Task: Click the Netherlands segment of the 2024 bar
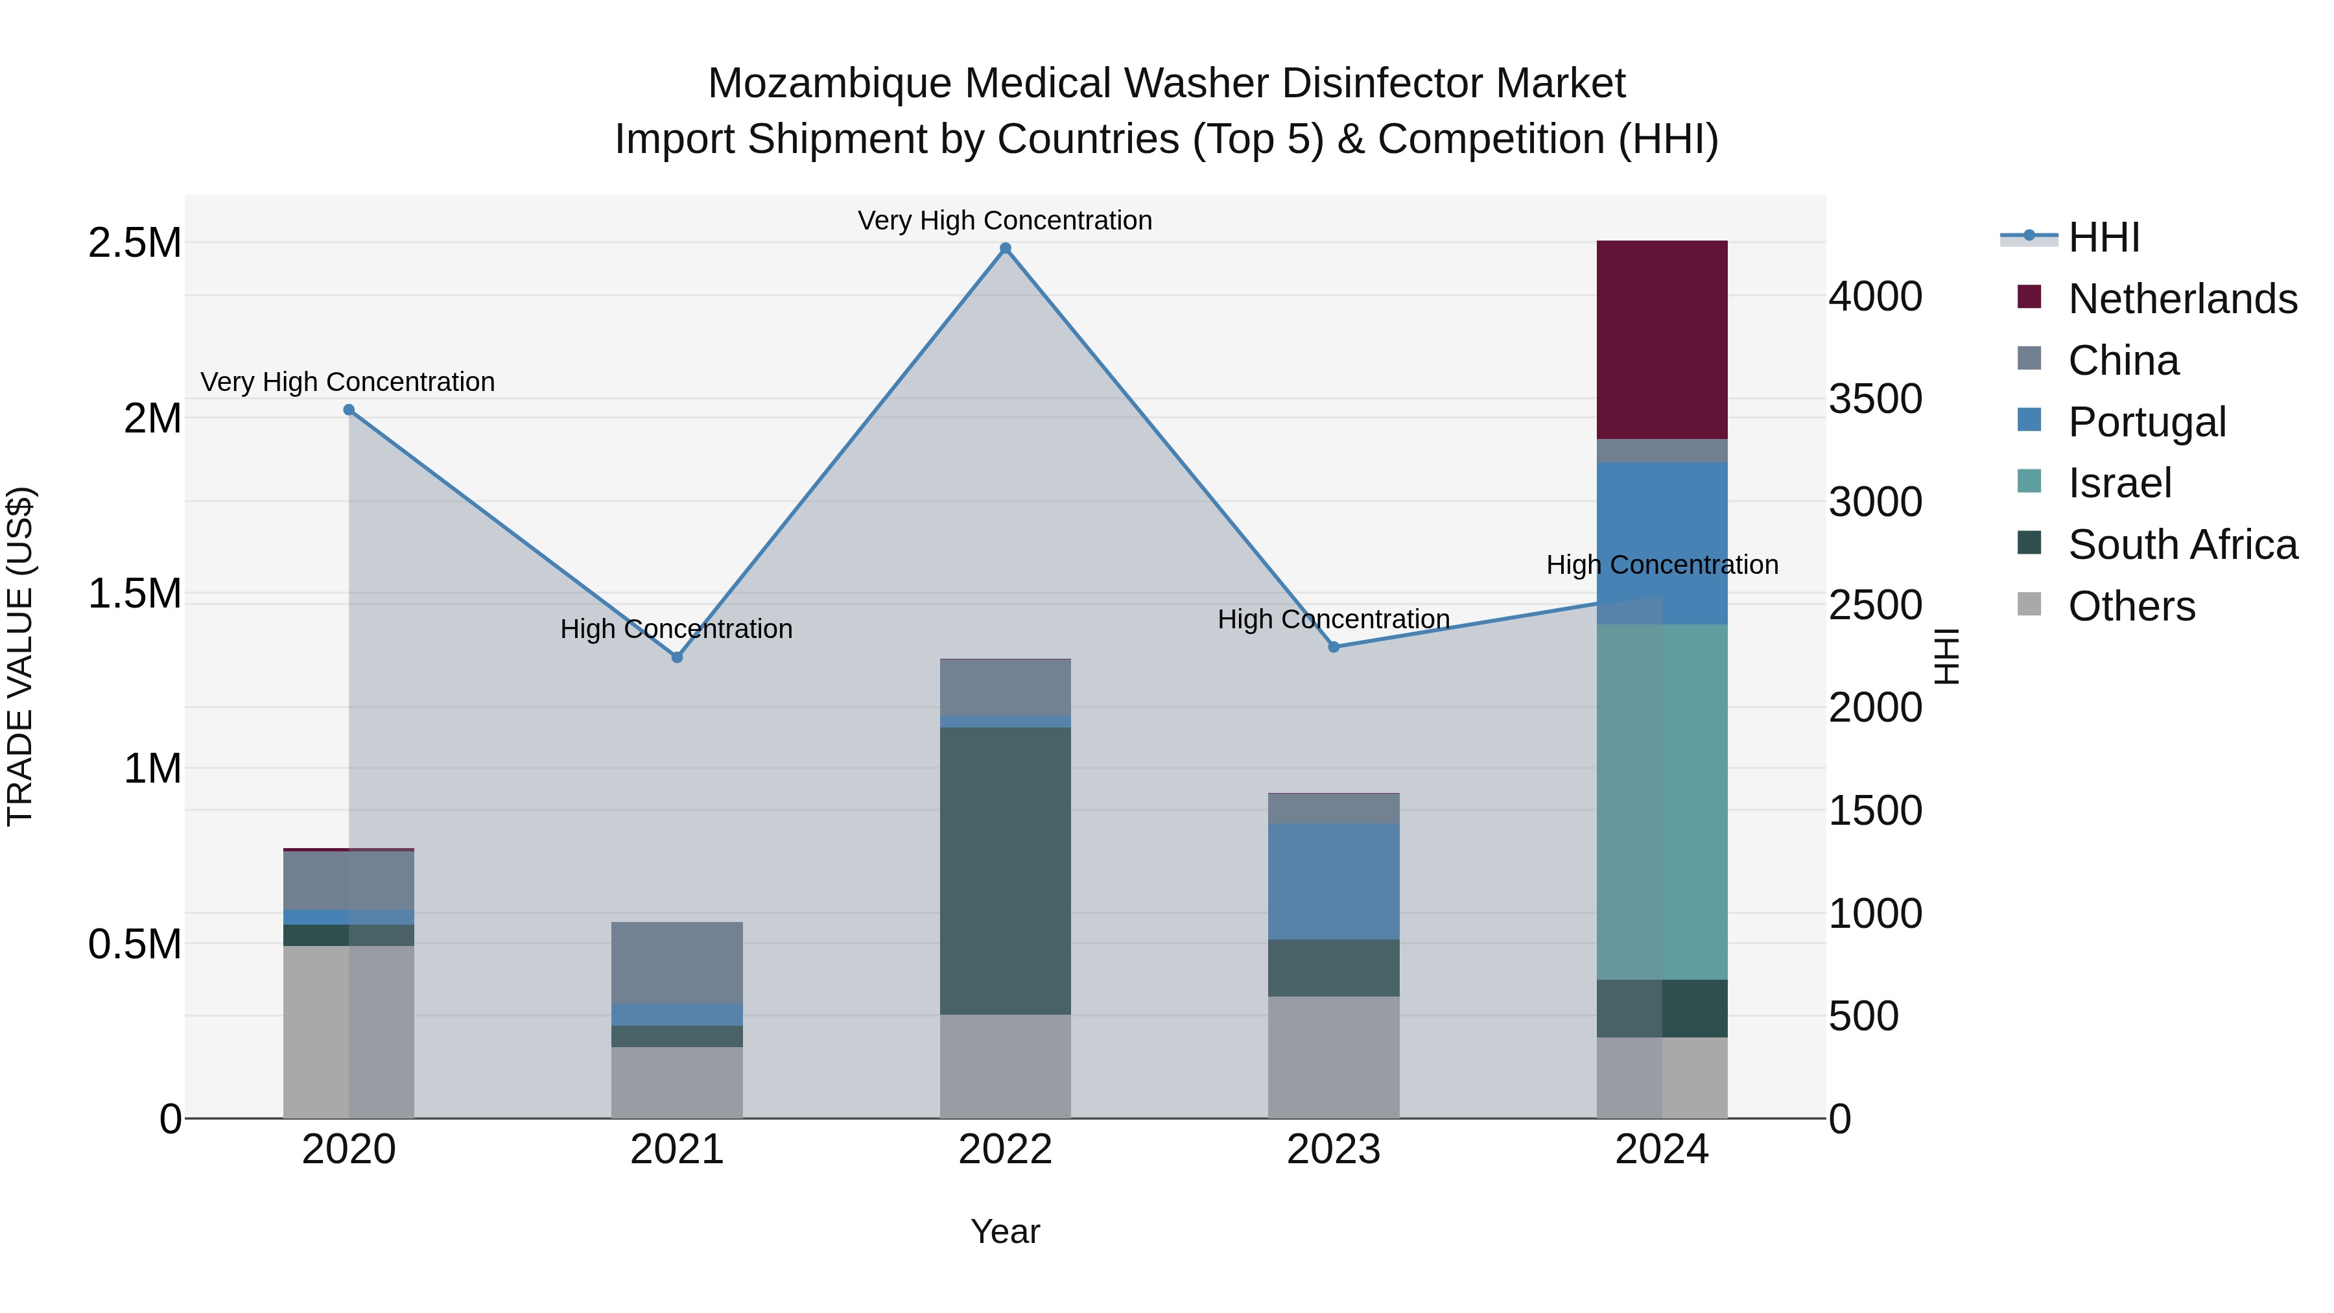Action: click(1661, 340)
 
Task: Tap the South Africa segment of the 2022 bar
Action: click(1005, 870)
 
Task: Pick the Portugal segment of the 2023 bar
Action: click(1333, 881)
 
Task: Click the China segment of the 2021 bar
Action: click(677, 962)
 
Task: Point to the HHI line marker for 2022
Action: click(1005, 248)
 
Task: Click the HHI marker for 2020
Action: click(349, 410)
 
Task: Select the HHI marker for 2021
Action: click(677, 657)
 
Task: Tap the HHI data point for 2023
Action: click(1333, 647)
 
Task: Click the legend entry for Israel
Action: click(2119, 483)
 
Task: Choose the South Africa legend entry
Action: click(2182, 545)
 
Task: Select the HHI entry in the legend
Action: click(2103, 237)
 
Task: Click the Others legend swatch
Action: click(2029, 604)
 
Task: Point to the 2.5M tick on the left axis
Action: click(134, 243)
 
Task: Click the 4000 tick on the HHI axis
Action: click(1874, 296)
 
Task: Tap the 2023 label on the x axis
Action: click(1333, 1150)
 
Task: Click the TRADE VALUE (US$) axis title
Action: click(20, 656)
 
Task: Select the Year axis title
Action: click(1005, 1231)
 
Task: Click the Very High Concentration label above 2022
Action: click(1005, 220)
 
